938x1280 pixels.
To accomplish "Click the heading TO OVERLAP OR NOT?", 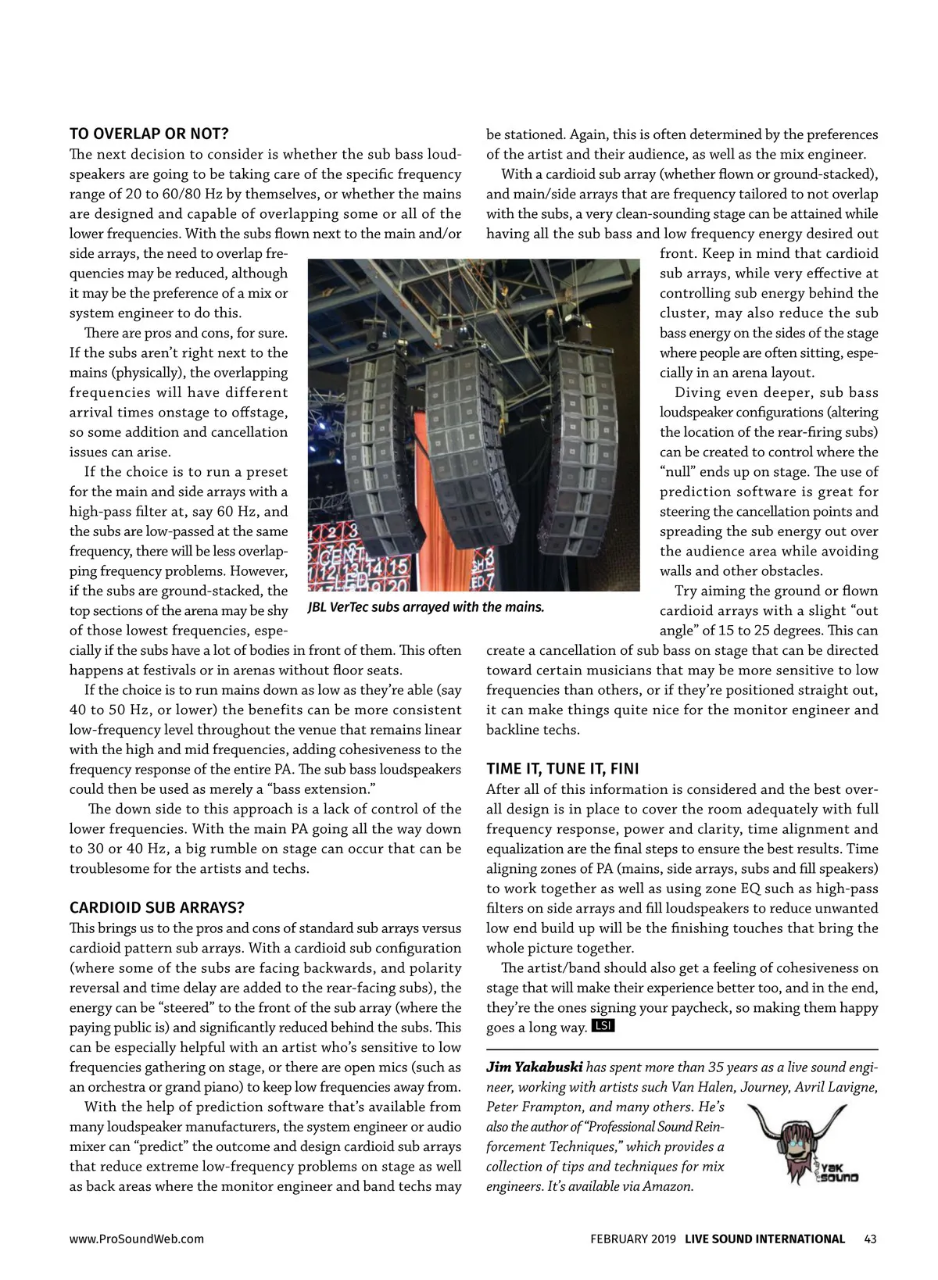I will tap(149, 134).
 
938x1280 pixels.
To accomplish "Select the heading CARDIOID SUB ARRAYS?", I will tap(157, 907).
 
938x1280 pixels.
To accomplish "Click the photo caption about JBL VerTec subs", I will tap(425, 607).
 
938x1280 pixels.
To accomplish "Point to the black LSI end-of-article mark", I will tap(603, 1026).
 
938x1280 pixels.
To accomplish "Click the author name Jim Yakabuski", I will tap(534, 1067).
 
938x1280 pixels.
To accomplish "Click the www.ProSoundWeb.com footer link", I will tap(137, 1239).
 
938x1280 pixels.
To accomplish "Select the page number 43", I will tap(871, 1239).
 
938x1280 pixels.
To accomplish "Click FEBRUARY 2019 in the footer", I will tap(634, 1239).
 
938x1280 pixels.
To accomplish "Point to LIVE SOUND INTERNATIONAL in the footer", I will tap(764, 1239).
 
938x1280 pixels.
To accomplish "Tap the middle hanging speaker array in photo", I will tap(467, 445).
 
